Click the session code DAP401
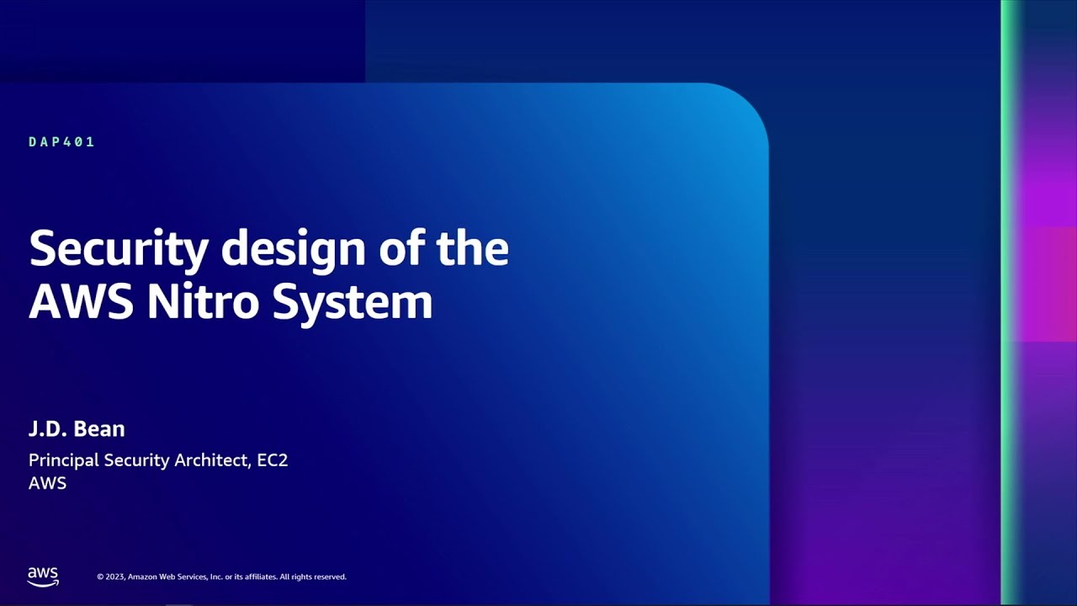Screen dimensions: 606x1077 61,142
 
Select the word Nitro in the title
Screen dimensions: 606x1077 202,302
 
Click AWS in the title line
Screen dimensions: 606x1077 80,302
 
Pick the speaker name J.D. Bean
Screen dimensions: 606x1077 77,429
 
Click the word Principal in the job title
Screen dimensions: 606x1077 64,460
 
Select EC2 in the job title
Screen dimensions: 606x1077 273,460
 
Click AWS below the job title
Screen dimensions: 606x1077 47,483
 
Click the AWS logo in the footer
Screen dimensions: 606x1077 43,577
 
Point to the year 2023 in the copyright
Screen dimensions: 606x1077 115,577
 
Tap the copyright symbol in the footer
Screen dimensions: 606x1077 100,577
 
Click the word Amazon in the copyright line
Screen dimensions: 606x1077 143,577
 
